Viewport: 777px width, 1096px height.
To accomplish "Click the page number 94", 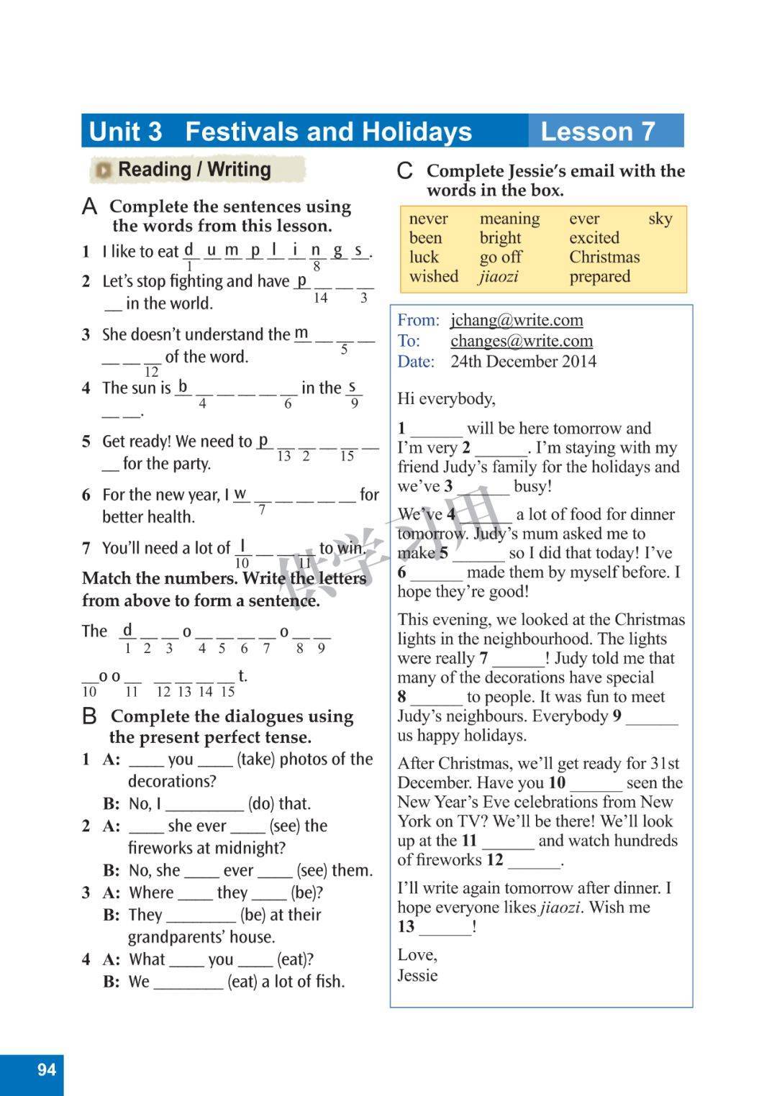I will click(46, 1069).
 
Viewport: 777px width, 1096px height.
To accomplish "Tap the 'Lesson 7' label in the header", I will click(598, 132).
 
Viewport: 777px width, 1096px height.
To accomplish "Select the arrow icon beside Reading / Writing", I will click(104, 170).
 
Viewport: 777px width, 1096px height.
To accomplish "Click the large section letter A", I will click(89, 207).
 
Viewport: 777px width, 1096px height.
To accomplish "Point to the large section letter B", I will click(89, 716).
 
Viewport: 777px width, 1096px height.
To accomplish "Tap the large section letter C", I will click(405, 171).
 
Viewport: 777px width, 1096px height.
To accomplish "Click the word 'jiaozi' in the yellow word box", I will click(499, 276).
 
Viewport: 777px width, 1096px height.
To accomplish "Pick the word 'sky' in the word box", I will click(660, 219).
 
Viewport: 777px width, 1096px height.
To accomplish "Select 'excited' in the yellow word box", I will click(594, 238).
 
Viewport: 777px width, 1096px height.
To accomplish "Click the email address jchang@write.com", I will click(517, 320).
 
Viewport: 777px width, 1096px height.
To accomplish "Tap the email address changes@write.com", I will click(522, 341).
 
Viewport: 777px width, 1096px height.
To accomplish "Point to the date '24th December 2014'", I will click(523, 361).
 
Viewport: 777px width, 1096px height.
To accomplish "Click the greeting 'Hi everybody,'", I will click(446, 398).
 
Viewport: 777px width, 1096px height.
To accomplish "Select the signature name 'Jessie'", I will click(417, 975).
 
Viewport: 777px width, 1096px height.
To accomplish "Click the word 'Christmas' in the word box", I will click(604, 257).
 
